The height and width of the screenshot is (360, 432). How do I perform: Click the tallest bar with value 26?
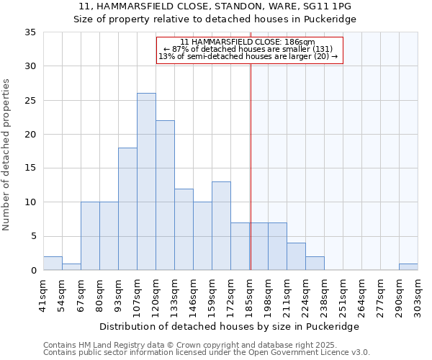[x=146, y=181]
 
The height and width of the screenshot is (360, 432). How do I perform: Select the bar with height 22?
[x=165, y=195]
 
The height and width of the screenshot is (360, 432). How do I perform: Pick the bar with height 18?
[x=127, y=209]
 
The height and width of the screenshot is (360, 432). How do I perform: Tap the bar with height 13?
[x=221, y=225]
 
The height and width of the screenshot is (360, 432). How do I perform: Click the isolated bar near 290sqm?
[x=408, y=267]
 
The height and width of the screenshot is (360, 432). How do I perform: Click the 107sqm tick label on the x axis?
[x=138, y=295]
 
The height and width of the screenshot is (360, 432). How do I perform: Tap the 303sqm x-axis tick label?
[x=418, y=295]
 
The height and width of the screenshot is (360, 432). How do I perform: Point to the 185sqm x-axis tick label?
[x=250, y=295]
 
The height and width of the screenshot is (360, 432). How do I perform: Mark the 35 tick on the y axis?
[x=30, y=32]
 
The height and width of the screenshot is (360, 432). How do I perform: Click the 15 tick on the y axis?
[x=30, y=168]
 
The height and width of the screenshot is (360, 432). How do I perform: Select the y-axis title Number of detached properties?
[x=6, y=155]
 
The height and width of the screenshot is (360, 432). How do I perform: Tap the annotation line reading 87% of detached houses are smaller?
[x=248, y=50]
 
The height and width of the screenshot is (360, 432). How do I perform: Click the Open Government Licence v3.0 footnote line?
[x=207, y=353]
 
